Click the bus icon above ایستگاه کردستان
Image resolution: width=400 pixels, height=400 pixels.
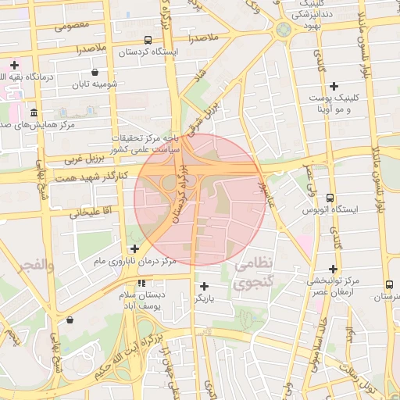[x=148, y=40]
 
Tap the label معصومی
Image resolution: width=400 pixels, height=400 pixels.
[x=72, y=25]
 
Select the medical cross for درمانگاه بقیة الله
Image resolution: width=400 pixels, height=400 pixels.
[x=14, y=65]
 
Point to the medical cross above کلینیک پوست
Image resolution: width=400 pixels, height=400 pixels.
[x=334, y=86]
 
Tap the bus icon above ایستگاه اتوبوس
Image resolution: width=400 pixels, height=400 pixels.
[x=330, y=198]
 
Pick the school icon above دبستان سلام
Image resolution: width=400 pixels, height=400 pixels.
[x=141, y=283]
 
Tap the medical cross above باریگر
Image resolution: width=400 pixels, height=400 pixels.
[x=204, y=286]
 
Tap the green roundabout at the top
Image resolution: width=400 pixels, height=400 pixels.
[x=283, y=29]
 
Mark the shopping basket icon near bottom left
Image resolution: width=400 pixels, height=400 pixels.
[x=70, y=319]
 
